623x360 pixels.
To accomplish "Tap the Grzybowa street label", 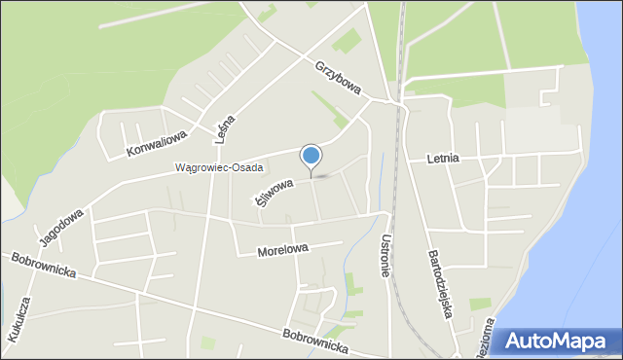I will (x=339, y=79).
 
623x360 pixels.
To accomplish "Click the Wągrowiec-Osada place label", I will (x=219, y=167).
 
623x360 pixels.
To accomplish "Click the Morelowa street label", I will (x=282, y=250).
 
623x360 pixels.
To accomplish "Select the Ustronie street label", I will (x=386, y=255).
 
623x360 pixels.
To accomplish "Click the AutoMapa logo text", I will (x=569, y=342).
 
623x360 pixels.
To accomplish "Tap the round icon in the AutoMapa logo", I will (x=513, y=342).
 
